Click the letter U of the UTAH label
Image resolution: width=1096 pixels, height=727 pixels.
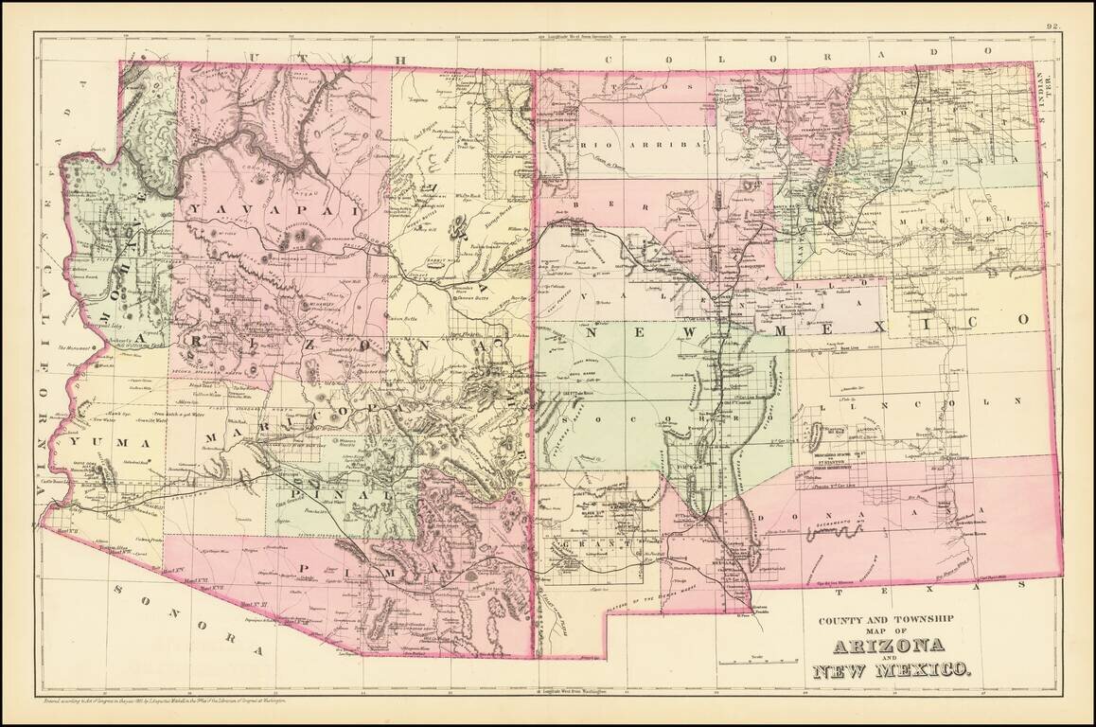tap(251, 59)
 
